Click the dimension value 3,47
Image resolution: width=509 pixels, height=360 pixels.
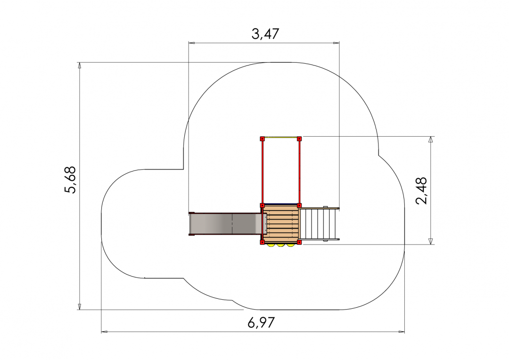coord(265,34)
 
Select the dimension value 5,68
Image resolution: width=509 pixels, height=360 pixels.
coord(70,180)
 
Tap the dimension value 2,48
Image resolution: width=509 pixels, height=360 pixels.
coord(421,190)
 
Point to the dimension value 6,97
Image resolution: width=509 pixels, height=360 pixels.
coord(261,323)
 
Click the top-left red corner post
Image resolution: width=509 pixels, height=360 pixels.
coord(262,139)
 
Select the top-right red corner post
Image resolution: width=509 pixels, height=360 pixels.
coord(299,139)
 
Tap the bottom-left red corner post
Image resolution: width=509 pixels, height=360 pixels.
coord(262,242)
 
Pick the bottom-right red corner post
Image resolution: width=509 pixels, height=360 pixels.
coord(299,242)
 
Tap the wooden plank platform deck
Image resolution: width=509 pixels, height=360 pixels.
coord(281,224)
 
